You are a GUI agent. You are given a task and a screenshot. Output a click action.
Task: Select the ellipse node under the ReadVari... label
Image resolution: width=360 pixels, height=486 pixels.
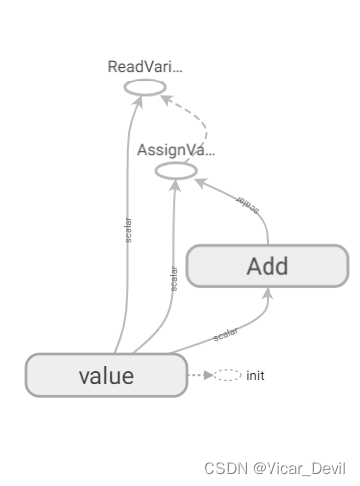pos(144,88)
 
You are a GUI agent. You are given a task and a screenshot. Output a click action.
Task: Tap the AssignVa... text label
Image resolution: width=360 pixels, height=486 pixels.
pos(175,150)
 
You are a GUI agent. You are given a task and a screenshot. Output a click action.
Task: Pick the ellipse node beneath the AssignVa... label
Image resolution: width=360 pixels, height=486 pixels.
pos(176,171)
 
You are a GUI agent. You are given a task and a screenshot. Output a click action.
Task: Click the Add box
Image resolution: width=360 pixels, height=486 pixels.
pos(267,265)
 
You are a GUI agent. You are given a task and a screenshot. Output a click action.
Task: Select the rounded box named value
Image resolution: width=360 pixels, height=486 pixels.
pos(105,376)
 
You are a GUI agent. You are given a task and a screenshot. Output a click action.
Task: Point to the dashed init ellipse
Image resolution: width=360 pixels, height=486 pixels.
pos(226,376)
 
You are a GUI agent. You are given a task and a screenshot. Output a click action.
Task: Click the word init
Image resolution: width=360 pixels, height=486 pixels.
pos(255,376)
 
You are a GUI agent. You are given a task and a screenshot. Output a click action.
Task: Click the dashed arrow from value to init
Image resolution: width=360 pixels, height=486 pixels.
pos(198,376)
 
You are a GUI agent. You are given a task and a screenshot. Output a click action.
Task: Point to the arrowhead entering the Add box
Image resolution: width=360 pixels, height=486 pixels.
pos(267,292)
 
